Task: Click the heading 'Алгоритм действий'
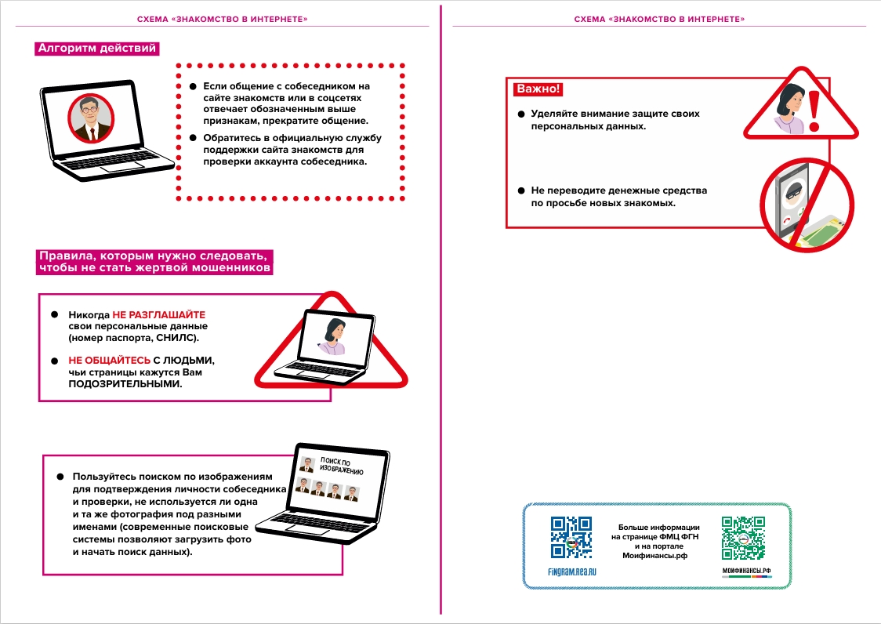pos(97,49)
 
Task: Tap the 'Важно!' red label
pos(537,89)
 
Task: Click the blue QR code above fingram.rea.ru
pos(571,537)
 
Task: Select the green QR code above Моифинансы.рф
pos(743,537)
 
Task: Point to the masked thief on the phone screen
pos(792,192)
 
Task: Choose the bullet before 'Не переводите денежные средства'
pos(520,190)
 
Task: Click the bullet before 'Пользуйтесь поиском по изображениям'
pos(60,477)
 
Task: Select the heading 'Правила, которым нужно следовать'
pos(154,262)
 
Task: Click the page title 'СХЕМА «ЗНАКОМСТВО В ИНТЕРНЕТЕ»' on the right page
pos(659,19)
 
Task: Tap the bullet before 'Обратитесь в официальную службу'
pos(193,138)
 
